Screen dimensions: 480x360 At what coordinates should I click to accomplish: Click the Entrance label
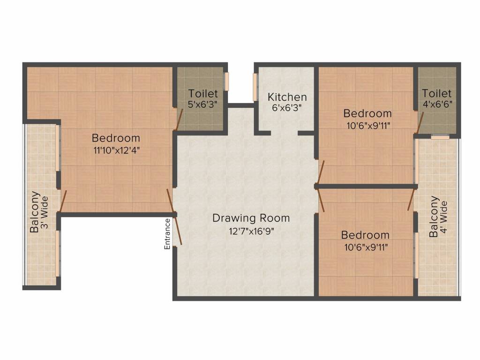click(x=167, y=234)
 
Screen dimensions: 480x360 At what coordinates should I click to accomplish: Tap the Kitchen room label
click(x=287, y=97)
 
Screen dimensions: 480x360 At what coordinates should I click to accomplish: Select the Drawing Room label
click(x=251, y=218)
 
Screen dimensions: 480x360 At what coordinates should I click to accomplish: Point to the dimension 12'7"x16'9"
click(x=251, y=231)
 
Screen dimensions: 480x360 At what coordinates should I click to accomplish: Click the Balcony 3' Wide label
click(x=39, y=212)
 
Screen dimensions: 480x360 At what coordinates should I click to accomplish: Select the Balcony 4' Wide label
click(x=438, y=217)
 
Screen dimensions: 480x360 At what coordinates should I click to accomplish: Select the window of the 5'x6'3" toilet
click(x=227, y=81)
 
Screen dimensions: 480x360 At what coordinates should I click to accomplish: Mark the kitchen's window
click(x=255, y=87)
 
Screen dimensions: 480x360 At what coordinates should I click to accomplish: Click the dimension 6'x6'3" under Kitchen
click(x=287, y=108)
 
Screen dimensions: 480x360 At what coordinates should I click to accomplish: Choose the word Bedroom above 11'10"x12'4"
click(x=116, y=138)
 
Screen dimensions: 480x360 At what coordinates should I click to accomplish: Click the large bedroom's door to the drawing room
click(x=171, y=200)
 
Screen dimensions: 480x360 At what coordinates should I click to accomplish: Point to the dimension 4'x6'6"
click(x=437, y=104)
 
